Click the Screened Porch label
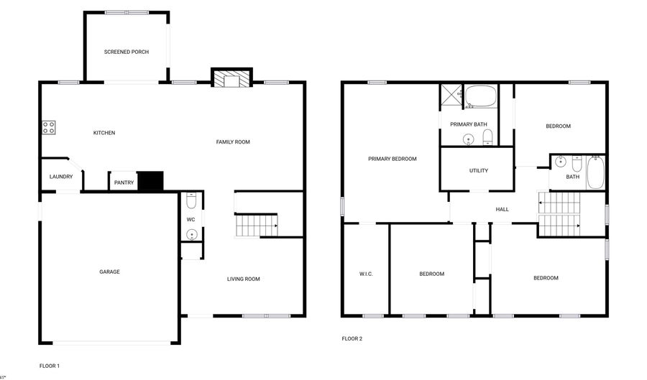pyautogui.click(x=127, y=52)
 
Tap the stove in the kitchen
pyautogui.click(x=49, y=128)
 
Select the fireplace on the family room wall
pyautogui.click(x=231, y=78)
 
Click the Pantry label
pyautogui.click(x=124, y=182)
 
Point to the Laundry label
pyautogui.click(x=61, y=177)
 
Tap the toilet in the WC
pyautogui.click(x=191, y=198)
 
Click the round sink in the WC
pyautogui.click(x=191, y=233)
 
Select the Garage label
pyautogui.click(x=109, y=272)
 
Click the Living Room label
pyautogui.click(x=244, y=279)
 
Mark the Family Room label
pyautogui.click(x=233, y=142)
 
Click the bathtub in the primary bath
pyautogui.click(x=480, y=96)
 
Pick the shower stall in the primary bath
pyautogui.click(x=451, y=96)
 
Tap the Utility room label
pyautogui.click(x=479, y=171)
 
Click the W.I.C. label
pyautogui.click(x=366, y=274)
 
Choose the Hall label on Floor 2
pyautogui.click(x=502, y=209)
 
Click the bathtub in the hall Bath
pyautogui.click(x=596, y=173)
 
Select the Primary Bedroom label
pyautogui.click(x=393, y=159)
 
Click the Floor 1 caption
pyautogui.click(x=49, y=366)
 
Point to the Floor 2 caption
pyautogui.click(x=352, y=338)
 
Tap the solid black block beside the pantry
pyautogui.click(x=151, y=181)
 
